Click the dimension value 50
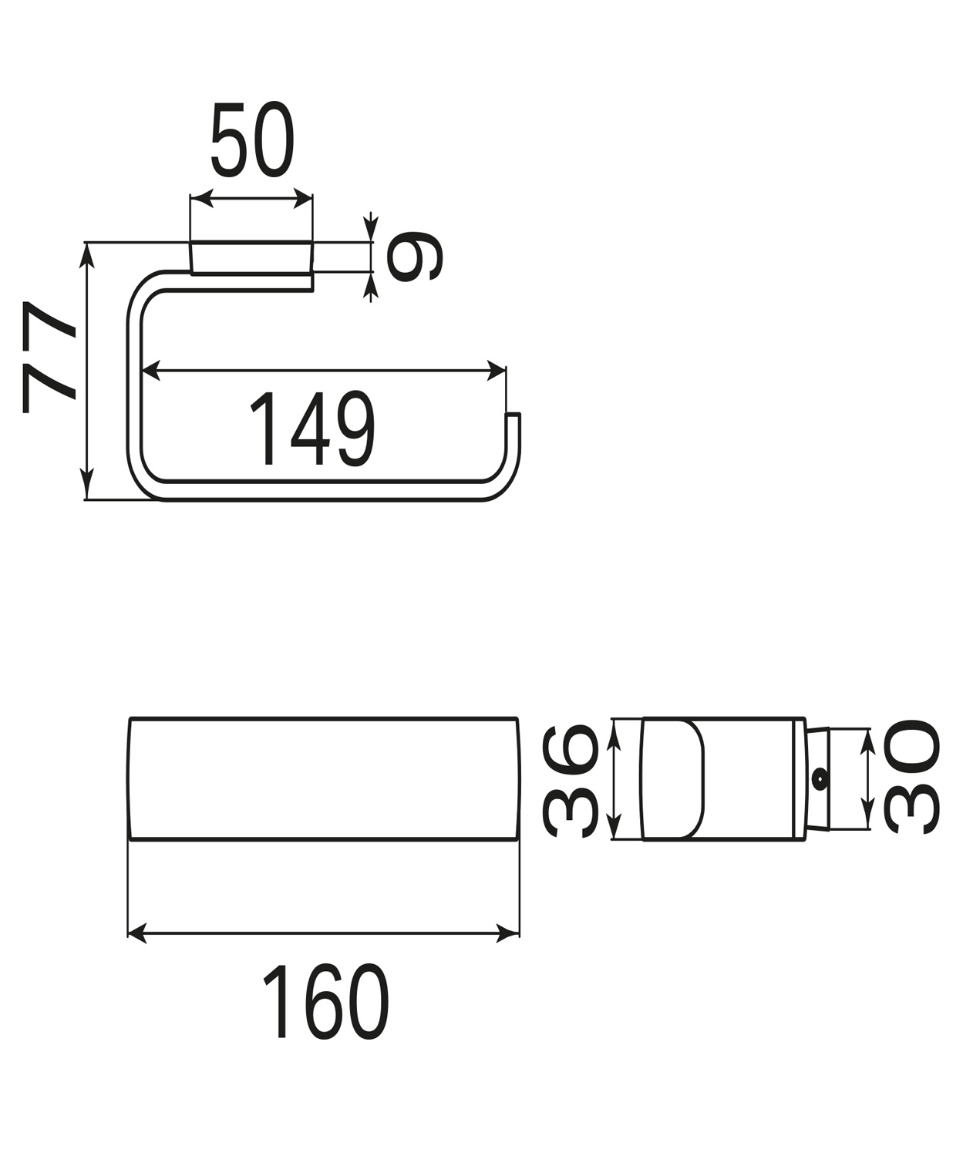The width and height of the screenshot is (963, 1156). coord(252,139)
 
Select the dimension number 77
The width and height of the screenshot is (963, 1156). coord(49,357)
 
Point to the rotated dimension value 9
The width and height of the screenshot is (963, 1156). coord(415,256)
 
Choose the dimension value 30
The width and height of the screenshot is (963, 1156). coord(911,776)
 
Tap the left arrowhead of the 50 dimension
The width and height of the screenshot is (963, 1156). coord(202,198)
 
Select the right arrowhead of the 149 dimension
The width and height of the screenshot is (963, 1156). coord(495,370)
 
